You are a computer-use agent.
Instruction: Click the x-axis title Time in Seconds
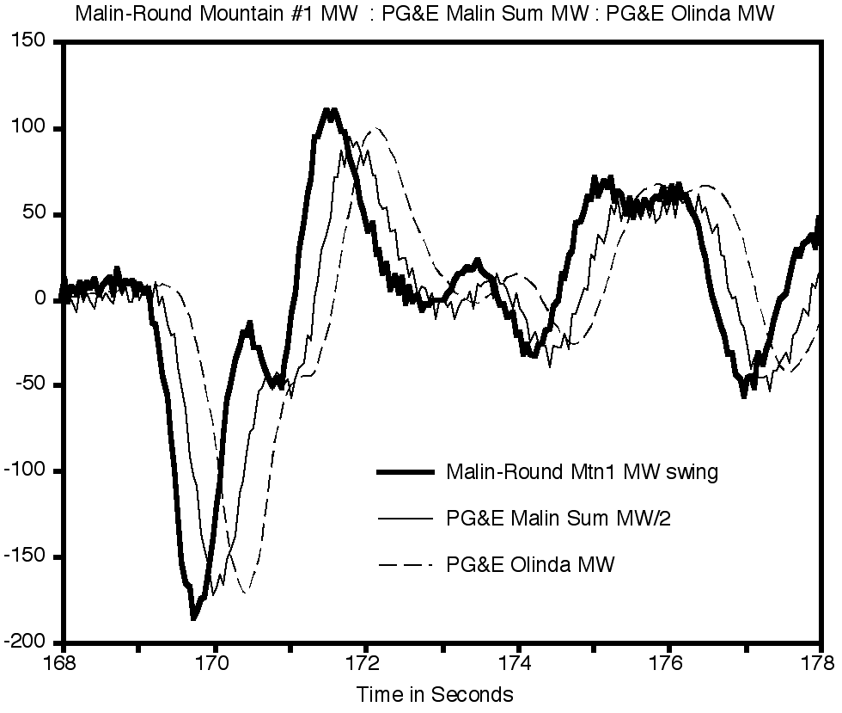pyautogui.click(x=435, y=693)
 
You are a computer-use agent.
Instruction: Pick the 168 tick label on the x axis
pyautogui.click(x=64, y=663)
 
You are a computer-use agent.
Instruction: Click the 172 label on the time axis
pyautogui.click(x=366, y=663)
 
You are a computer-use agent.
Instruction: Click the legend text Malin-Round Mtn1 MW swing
pyautogui.click(x=582, y=471)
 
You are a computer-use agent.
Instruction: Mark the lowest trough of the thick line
pyautogui.click(x=193, y=618)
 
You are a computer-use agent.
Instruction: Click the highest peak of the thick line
pyautogui.click(x=329, y=110)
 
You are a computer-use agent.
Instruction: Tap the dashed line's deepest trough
pyautogui.click(x=246, y=593)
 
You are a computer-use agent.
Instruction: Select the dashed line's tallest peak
pyautogui.click(x=375, y=129)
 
